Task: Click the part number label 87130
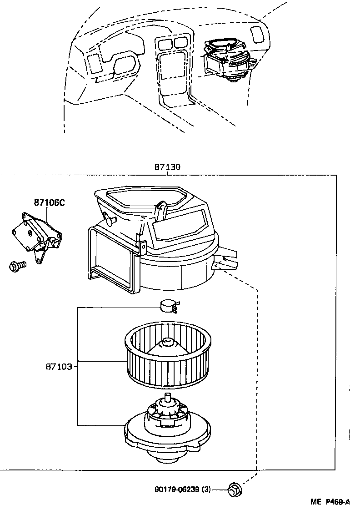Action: [167, 167]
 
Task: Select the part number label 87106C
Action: [49, 203]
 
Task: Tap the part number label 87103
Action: [59, 366]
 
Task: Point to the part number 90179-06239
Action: [177, 489]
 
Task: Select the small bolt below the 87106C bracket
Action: [17, 265]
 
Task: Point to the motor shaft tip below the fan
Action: [168, 397]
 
